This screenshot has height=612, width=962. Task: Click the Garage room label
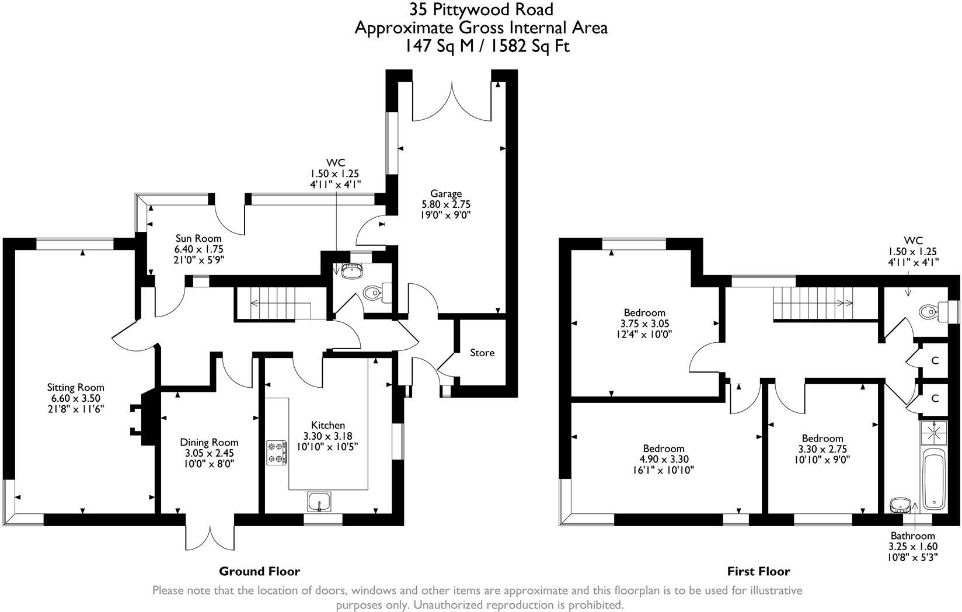(x=446, y=193)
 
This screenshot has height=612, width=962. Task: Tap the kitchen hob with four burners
(x=277, y=453)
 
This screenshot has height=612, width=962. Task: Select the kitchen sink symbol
(x=319, y=500)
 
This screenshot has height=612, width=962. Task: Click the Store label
(x=482, y=352)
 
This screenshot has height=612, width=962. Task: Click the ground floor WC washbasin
(x=351, y=270)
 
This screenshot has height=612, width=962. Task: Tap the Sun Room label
(x=198, y=238)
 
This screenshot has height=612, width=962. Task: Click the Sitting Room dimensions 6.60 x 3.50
(x=76, y=398)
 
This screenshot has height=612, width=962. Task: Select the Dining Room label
(x=209, y=442)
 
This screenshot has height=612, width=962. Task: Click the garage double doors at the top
(x=451, y=102)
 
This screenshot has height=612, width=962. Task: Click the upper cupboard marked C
(x=935, y=360)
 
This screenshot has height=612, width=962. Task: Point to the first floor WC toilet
(x=931, y=312)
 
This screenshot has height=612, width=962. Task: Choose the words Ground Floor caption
(x=259, y=571)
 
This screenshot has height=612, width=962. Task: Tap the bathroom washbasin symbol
(x=899, y=504)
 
